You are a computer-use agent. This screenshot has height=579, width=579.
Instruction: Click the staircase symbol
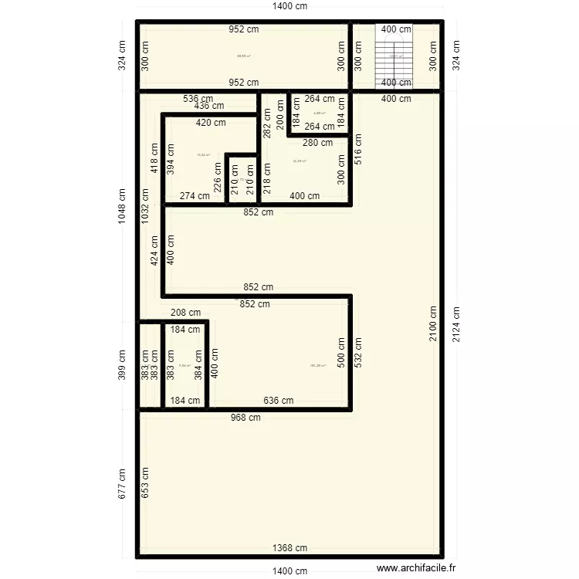[396, 56]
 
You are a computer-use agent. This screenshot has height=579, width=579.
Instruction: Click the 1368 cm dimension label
[290, 548]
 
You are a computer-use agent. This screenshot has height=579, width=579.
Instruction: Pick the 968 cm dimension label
[245, 418]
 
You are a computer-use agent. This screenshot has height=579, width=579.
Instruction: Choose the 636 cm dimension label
[278, 401]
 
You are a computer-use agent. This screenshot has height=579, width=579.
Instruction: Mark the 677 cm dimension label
[122, 484]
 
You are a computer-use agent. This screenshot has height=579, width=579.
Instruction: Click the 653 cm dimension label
[144, 484]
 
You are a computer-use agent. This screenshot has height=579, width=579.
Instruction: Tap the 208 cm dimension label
[185, 313]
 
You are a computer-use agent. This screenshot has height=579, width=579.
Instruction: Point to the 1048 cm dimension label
[122, 207]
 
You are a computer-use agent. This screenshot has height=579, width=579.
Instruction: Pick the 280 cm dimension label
[317, 143]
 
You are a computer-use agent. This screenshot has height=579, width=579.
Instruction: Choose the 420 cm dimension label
[211, 123]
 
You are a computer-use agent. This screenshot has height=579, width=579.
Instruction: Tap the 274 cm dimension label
[195, 196]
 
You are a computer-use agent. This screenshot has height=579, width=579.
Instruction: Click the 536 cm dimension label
[198, 99]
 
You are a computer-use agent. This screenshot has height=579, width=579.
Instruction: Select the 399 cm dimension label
[122, 364]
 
